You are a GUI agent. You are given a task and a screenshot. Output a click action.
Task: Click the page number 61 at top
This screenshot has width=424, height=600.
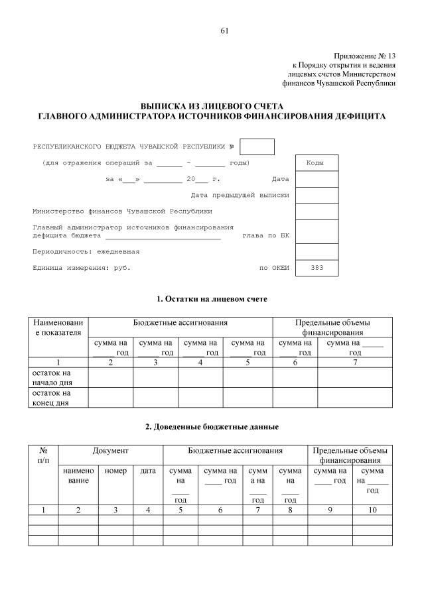(224, 30)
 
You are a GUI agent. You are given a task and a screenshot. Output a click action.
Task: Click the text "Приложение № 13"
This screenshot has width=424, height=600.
(364, 56)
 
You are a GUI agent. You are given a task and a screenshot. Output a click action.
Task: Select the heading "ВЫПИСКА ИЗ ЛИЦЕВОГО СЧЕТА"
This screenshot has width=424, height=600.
(212, 106)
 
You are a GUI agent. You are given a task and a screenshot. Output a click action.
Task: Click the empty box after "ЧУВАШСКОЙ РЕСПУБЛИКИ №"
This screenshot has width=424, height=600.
(257, 147)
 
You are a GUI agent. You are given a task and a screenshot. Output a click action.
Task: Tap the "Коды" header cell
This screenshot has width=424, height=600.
(317, 162)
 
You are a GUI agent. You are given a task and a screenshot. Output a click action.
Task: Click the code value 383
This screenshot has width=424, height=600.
(317, 268)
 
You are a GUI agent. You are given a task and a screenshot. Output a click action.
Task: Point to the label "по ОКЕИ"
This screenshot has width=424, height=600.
(274, 268)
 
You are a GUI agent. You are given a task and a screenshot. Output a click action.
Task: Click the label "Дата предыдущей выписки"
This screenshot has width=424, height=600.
(240, 196)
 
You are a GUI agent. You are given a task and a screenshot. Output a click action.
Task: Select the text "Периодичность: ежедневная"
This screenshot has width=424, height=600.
(86, 252)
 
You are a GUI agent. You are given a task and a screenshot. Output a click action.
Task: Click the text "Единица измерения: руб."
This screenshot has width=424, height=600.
(82, 268)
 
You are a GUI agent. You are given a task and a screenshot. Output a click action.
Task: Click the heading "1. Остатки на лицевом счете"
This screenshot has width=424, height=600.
(212, 300)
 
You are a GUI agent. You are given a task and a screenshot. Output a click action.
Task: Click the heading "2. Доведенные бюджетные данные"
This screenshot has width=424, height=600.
(212, 426)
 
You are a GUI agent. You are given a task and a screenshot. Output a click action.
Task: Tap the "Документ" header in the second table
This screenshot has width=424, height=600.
(110, 451)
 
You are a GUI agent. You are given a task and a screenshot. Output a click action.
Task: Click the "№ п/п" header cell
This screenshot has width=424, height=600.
(43, 455)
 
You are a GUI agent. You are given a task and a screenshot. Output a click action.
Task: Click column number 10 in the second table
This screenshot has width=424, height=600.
(372, 510)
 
